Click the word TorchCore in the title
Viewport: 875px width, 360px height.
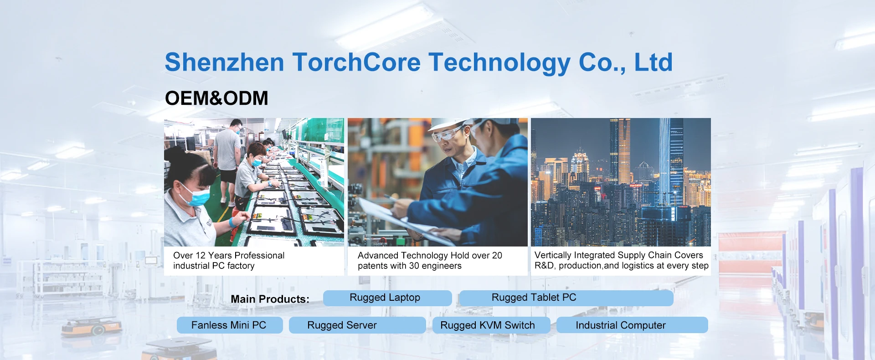[356, 62]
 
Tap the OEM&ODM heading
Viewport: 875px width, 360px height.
[216, 98]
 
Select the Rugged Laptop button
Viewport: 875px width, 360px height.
[387, 298]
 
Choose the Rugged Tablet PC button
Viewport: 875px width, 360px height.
[566, 298]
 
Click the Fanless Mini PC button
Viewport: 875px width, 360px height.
[230, 325]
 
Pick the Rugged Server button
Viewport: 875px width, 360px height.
[357, 325]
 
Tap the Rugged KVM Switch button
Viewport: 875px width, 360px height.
[491, 325]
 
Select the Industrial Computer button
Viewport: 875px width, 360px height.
[632, 325]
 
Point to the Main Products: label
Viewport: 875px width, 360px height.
[270, 299]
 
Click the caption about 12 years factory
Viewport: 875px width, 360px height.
[229, 261]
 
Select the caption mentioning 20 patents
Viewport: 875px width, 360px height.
[430, 261]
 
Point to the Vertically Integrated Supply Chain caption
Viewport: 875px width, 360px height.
[621, 261]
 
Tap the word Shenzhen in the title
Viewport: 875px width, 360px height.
[224, 62]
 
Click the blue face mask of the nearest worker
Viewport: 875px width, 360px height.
[195, 195]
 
